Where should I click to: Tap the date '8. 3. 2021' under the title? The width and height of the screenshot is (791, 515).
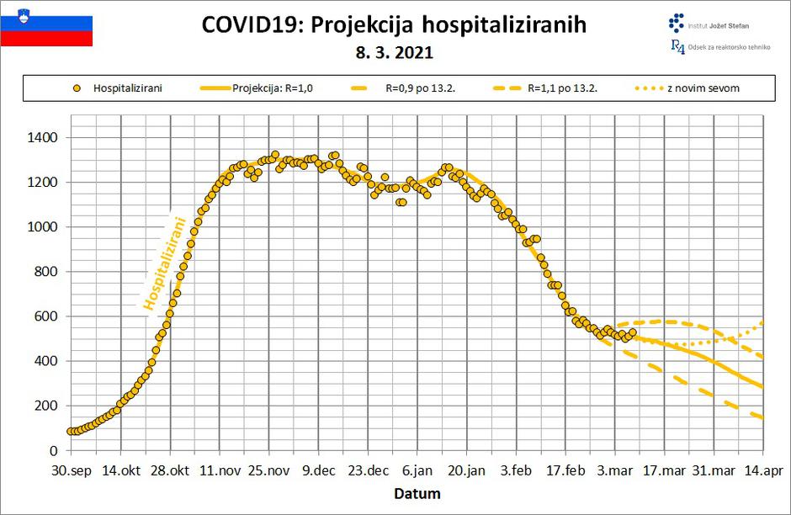coord(395,53)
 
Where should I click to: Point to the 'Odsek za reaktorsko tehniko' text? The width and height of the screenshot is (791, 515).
coord(726,48)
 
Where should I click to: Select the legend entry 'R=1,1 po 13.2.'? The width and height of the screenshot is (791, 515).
coord(562,88)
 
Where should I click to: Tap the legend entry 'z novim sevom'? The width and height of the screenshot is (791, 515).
coord(703,88)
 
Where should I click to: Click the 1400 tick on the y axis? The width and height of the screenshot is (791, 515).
coord(42,137)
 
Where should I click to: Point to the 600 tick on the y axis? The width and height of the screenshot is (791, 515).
coord(45,316)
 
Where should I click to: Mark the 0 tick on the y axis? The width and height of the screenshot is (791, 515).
coord(52,450)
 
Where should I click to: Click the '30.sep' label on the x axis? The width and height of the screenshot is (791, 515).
coord(71,471)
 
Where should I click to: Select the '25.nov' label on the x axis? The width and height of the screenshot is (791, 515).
coord(269,471)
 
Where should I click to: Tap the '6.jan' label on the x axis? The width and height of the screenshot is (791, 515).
coord(417,471)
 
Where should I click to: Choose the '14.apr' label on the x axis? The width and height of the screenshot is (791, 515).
coord(764,471)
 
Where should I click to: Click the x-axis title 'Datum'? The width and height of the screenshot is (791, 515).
coord(417,493)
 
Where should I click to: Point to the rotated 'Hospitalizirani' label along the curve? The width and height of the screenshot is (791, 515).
coord(165,262)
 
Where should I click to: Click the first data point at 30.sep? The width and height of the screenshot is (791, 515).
coord(72,431)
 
